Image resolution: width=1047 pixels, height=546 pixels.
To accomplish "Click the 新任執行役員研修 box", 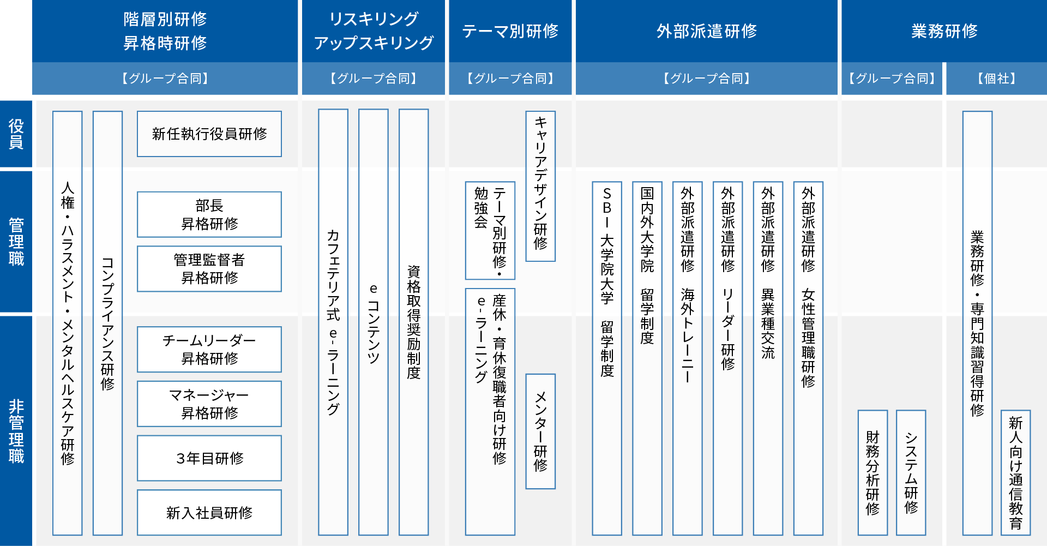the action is click(x=209, y=134).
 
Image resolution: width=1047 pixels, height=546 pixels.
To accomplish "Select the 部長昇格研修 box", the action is click(x=209, y=214).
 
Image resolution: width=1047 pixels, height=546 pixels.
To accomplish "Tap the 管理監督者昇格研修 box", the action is click(x=209, y=269).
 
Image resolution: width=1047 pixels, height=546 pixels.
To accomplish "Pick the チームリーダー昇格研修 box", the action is click(x=209, y=350).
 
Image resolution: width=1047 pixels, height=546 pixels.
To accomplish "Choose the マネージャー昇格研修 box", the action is click(x=209, y=404).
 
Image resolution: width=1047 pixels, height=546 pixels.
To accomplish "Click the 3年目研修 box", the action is click(x=209, y=458).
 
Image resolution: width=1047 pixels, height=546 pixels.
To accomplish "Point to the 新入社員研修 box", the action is click(x=209, y=513).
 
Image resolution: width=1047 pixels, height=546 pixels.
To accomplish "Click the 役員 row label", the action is click(x=16, y=134).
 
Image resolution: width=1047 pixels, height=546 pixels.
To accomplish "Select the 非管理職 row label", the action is click(x=16, y=431).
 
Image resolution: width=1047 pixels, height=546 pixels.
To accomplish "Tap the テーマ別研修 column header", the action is click(x=510, y=31).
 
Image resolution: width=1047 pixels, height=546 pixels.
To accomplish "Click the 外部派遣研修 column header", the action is click(x=707, y=31).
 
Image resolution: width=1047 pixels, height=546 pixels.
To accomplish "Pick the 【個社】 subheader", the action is click(x=996, y=79).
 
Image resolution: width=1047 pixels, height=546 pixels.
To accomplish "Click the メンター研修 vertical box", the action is click(x=540, y=431).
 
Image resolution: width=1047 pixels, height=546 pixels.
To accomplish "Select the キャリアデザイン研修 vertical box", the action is click(x=540, y=187).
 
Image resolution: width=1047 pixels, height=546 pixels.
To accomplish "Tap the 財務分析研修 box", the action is click(x=872, y=473).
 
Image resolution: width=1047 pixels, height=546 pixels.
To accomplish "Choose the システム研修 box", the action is click(x=911, y=473).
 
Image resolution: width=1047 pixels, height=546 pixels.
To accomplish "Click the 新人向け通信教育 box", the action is click(x=1016, y=473).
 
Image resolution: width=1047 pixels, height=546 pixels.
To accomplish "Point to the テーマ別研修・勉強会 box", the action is click(x=490, y=231).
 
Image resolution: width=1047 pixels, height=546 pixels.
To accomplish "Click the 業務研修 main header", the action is click(x=944, y=31).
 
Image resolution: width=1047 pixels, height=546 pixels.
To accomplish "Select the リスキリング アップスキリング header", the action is click(x=374, y=31).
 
